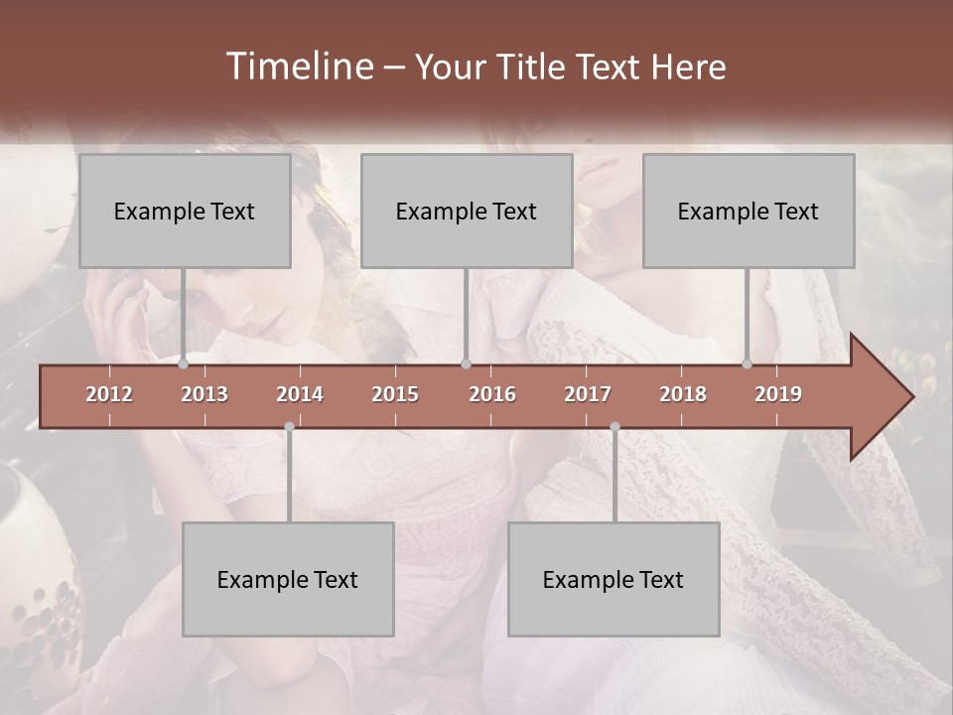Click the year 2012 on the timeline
tap(109, 394)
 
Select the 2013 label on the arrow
tap(204, 394)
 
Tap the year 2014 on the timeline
tap(300, 394)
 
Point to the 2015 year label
tap(395, 394)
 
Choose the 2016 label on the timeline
tap(492, 394)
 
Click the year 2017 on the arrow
tap(588, 394)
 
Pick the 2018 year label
tap(683, 394)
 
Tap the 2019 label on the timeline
tap(778, 394)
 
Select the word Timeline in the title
tap(298, 67)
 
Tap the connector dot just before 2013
tap(184, 364)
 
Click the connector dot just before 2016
tap(466, 364)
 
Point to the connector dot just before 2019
tap(748, 364)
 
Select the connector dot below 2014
tap(289, 427)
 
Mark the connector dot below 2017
tap(614, 427)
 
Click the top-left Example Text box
tap(185, 211)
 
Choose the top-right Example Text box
tap(749, 211)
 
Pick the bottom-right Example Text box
tap(613, 579)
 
